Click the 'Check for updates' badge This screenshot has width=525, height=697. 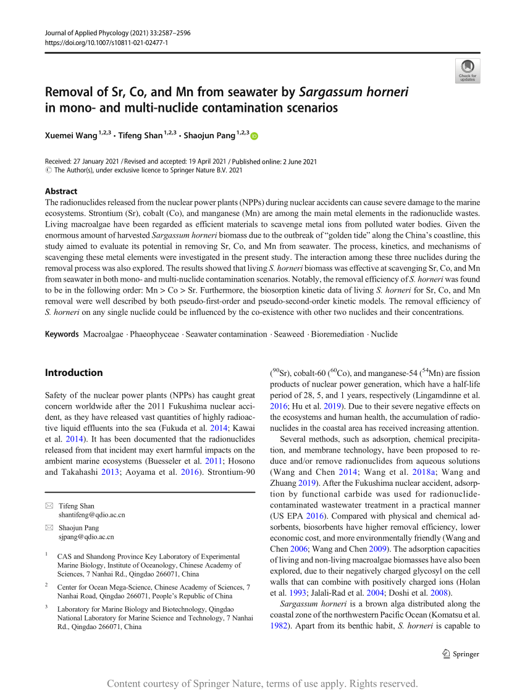click(468, 70)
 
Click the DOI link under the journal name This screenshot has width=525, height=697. click(107, 41)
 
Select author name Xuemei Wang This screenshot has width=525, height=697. click(70, 135)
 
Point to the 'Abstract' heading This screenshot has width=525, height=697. click(61, 191)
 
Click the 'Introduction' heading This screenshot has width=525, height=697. click(74, 372)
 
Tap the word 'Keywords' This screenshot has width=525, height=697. click(62, 334)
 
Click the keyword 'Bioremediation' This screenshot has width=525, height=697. click(337, 334)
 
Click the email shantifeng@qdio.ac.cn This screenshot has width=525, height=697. click(91, 514)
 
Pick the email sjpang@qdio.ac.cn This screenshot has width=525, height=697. click(86, 536)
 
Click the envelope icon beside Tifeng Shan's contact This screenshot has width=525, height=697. click(49, 506)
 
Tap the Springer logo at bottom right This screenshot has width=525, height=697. click(461, 654)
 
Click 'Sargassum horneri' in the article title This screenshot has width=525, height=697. click(353, 93)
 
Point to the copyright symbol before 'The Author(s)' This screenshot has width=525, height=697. click(49, 170)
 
